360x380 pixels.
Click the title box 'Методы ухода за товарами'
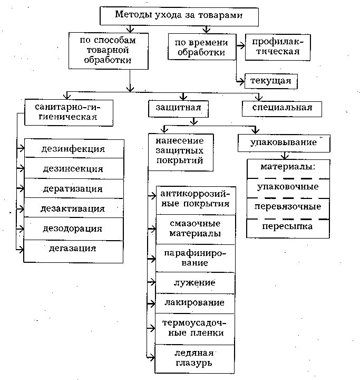point(179,16)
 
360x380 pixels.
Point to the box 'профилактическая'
point(276,46)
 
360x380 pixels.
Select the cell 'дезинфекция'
point(73,149)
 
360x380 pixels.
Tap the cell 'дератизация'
point(73,188)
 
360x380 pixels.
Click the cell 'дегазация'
point(73,248)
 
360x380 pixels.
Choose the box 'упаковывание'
point(285,142)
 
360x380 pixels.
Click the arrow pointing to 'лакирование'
point(151,303)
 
